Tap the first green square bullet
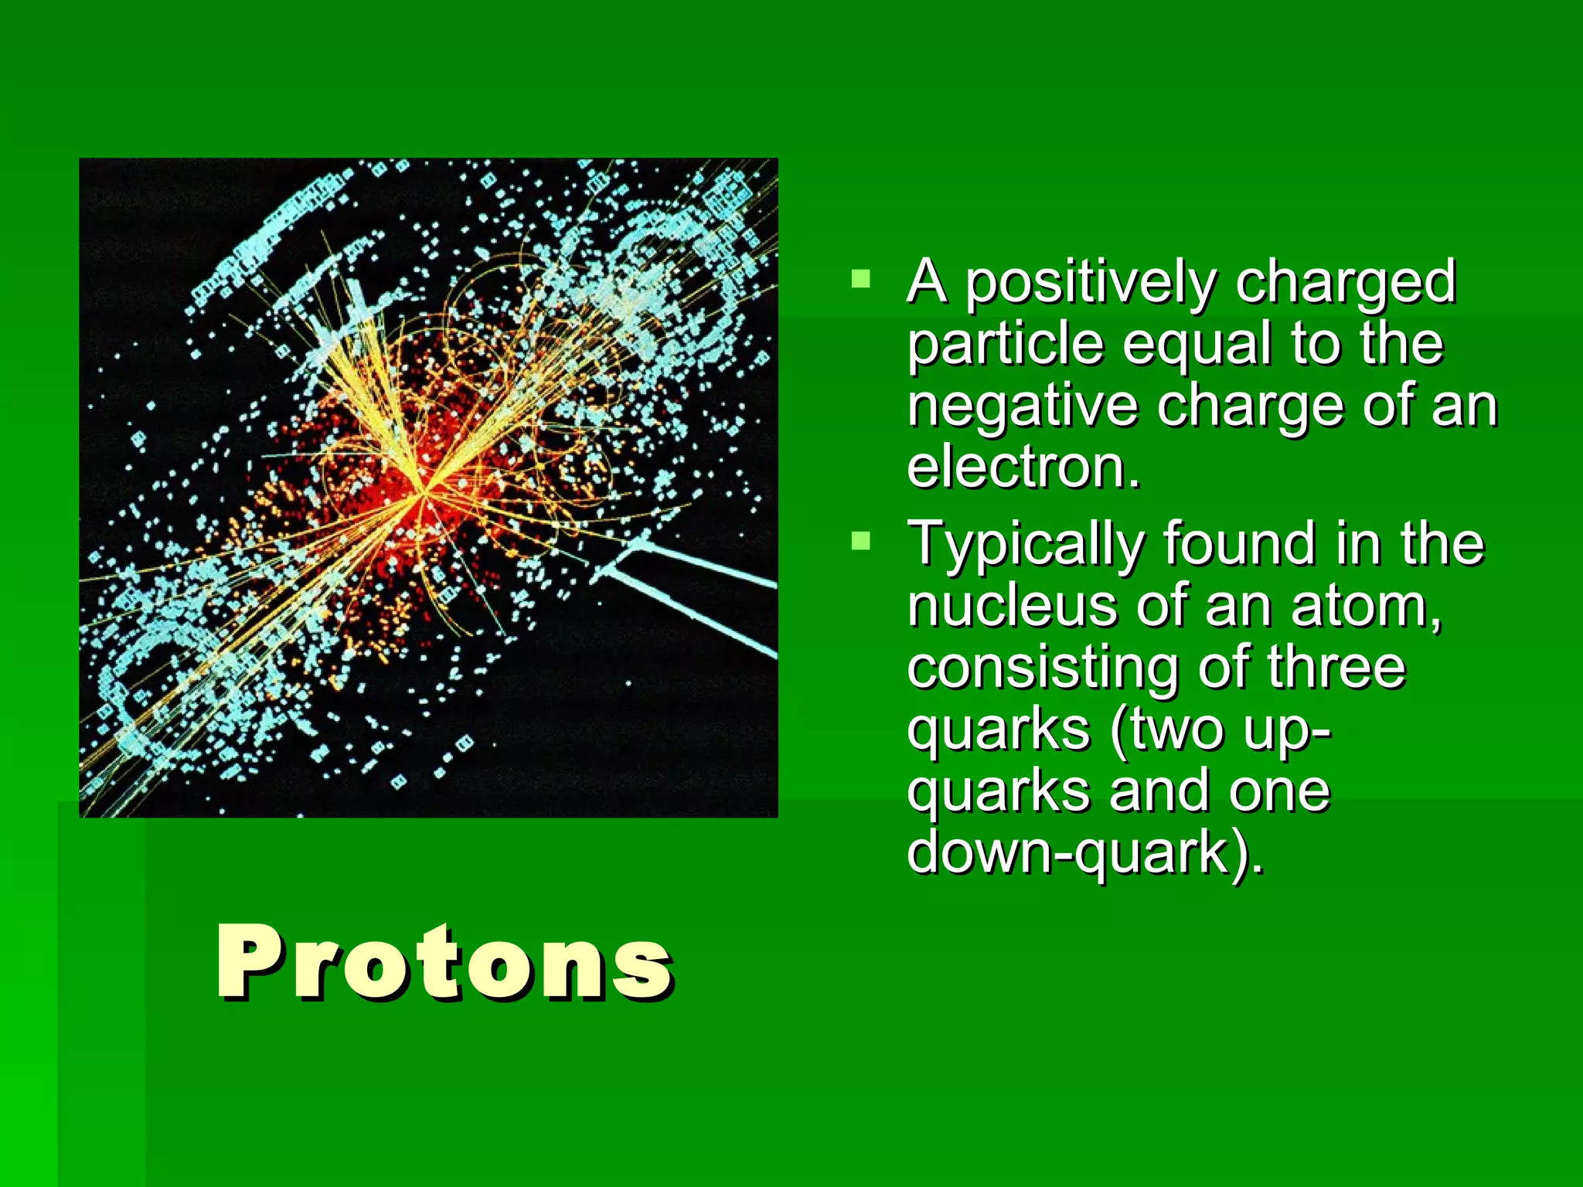[860, 278]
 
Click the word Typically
[1025, 546]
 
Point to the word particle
[1005, 345]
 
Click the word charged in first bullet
[1346, 284]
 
